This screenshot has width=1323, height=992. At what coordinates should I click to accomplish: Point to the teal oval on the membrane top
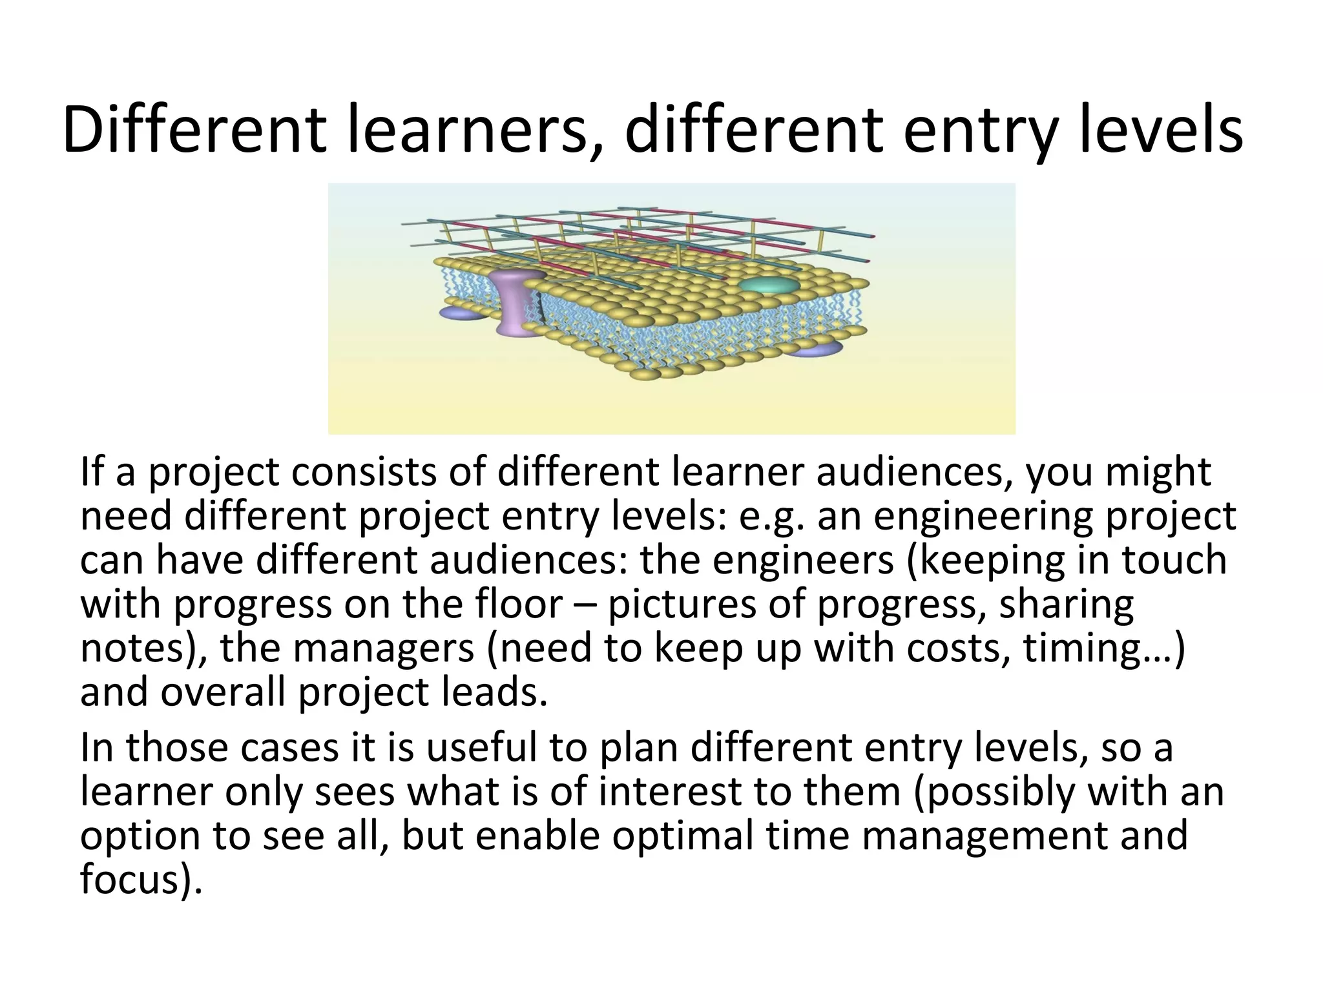pyautogui.click(x=769, y=285)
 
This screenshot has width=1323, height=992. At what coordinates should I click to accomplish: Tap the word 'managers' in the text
pyautogui.click(x=384, y=648)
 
